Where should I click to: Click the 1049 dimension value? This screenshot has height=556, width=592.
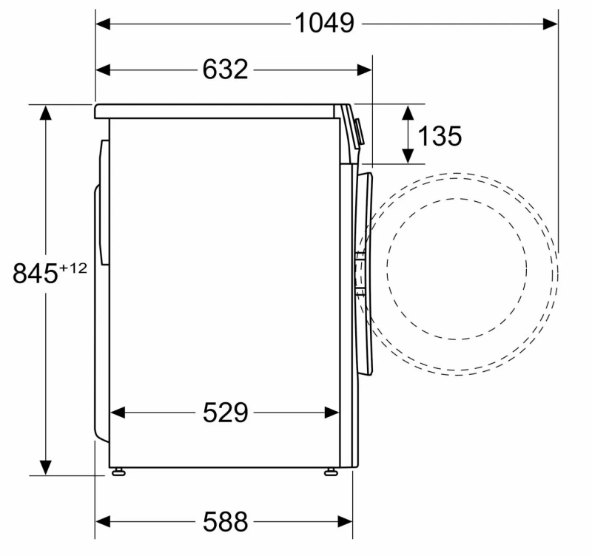point(324,24)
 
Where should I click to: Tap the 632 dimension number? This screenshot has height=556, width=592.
point(226,69)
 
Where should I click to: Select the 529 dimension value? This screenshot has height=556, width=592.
point(226,413)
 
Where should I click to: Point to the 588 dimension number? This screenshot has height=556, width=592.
point(226,522)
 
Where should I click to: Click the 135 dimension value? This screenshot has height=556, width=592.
point(440,136)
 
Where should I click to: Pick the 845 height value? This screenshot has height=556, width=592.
point(36,274)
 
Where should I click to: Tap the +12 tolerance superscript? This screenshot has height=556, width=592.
point(73,268)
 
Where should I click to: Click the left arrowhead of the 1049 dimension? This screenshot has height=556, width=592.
point(103,24)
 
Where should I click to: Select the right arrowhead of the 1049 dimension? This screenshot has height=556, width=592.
point(550,24)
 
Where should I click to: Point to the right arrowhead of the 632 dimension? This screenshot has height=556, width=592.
point(364,69)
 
